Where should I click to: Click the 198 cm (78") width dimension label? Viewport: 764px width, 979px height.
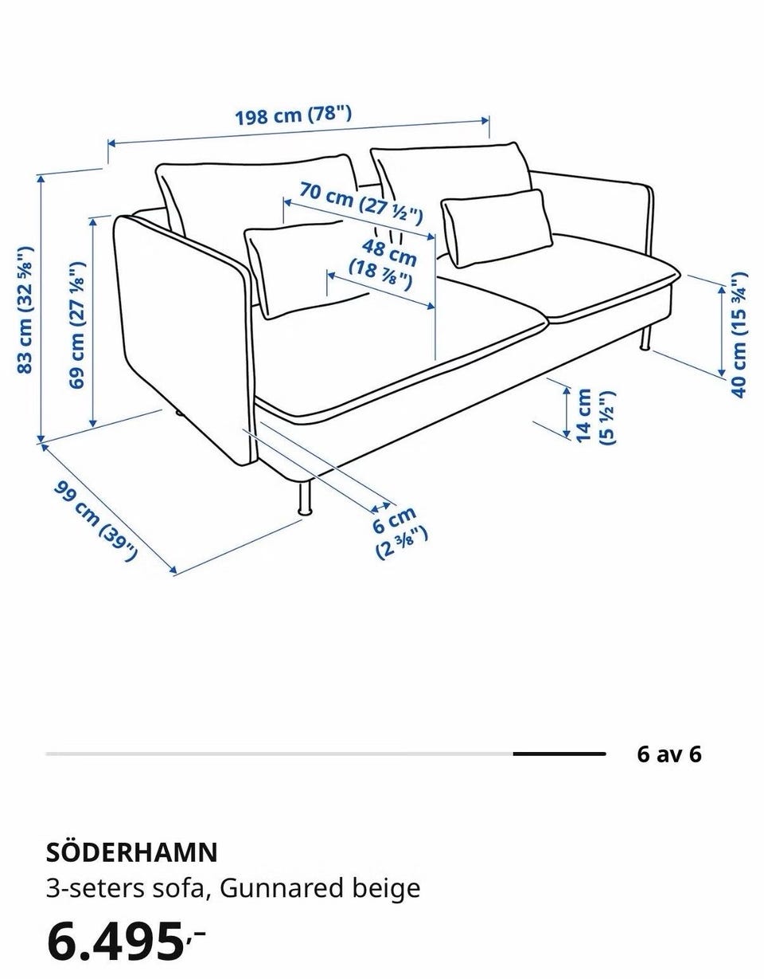pos(294,115)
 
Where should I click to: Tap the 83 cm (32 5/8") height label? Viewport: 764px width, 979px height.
pos(25,310)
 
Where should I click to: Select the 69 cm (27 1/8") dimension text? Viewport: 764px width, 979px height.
pos(77,325)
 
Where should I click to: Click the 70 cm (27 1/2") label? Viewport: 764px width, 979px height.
pos(361,203)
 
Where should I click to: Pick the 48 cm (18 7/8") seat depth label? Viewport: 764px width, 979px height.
pos(384,265)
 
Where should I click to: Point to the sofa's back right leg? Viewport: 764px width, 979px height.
pos(646,338)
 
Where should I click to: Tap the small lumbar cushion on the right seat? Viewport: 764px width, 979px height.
pos(497,229)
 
